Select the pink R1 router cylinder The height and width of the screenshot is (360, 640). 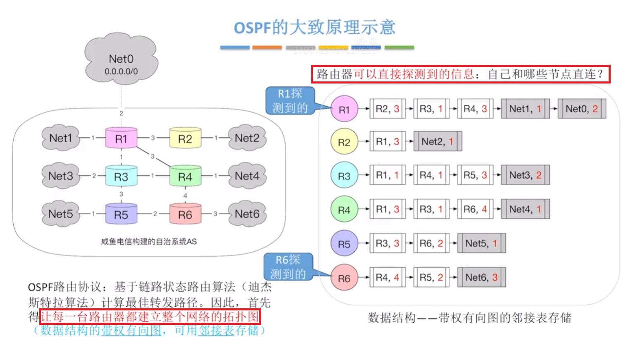pyautogui.click(x=121, y=138)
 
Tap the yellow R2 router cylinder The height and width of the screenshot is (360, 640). pyautogui.click(x=185, y=138)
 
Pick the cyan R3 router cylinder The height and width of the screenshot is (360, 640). pyautogui.click(x=121, y=176)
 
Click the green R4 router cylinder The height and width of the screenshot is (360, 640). pyautogui.click(x=185, y=176)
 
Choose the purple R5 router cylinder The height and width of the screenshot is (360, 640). pyautogui.click(x=121, y=214)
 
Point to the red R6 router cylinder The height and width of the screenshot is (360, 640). pyautogui.click(x=185, y=214)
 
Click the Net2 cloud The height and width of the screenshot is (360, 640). pyautogui.click(x=247, y=138)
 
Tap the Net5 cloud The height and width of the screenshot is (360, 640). pyautogui.click(x=61, y=214)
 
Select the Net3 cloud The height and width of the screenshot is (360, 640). pyautogui.click(x=61, y=176)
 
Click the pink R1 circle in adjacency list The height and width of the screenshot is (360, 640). pyautogui.click(x=344, y=109)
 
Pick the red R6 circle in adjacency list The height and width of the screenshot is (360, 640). pyautogui.click(x=344, y=278)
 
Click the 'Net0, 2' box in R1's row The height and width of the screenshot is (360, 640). pyautogui.click(x=582, y=109)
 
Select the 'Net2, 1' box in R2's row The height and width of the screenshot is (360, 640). pyautogui.click(x=438, y=141)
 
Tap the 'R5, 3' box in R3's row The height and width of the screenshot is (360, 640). pyautogui.click(x=475, y=175)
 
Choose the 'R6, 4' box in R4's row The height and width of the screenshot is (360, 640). pyautogui.click(x=475, y=209)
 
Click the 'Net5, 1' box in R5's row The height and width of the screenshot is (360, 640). pyautogui.click(x=481, y=243)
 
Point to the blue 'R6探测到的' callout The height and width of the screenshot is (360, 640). pyautogui.click(x=288, y=267)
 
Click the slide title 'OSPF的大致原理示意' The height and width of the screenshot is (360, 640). pyautogui.click(x=315, y=27)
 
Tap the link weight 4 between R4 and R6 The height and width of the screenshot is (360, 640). pyautogui.click(x=185, y=195)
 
